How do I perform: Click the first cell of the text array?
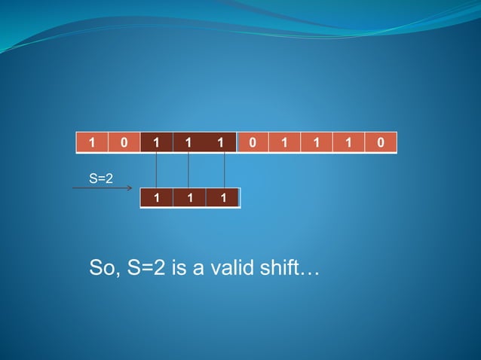click(92, 142)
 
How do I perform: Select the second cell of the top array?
click(124, 142)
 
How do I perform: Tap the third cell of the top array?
click(156, 142)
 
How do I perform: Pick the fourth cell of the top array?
click(188, 142)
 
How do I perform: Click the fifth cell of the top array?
click(221, 142)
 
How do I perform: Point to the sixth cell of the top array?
click(253, 142)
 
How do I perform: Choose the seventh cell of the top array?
click(284, 142)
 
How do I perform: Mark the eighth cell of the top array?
click(316, 142)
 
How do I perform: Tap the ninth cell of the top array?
click(348, 142)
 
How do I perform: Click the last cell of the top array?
click(381, 142)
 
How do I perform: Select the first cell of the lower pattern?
click(156, 197)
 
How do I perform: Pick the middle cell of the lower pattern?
click(188, 197)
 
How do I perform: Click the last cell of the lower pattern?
click(222, 197)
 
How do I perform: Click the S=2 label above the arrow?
click(101, 178)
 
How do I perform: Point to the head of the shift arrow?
click(131, 188)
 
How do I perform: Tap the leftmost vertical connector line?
click(156, 169)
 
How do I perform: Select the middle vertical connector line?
click(188, 169)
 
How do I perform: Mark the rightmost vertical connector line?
click(225, 169)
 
